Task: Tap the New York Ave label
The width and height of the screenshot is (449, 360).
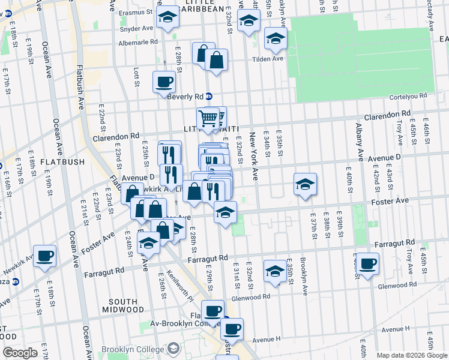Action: (254, 157)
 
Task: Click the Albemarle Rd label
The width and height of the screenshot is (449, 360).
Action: (137, 42)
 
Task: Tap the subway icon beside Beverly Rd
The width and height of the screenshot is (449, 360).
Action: (209, 96)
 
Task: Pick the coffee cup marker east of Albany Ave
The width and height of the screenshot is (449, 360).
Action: (369, 262)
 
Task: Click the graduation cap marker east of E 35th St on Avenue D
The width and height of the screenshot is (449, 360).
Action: (305, 184)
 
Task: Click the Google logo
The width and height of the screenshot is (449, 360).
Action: (20, 353)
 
